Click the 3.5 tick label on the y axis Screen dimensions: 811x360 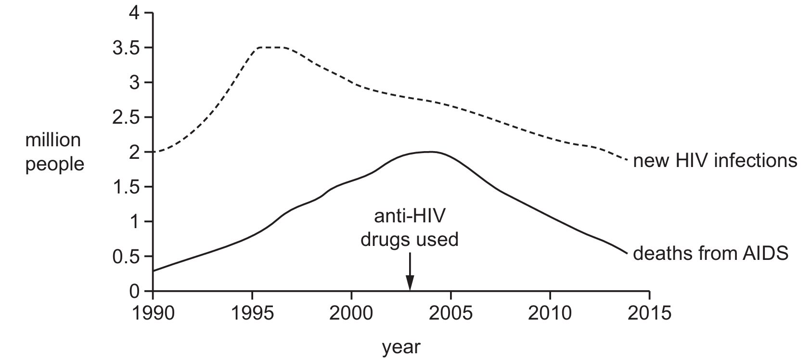(x=126, y=48)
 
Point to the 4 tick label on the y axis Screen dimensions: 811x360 (x=134, y=13)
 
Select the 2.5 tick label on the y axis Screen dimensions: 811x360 (x=126, y=118)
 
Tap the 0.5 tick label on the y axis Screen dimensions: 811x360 (x=126, y=257)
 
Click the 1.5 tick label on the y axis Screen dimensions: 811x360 (x=126, y=187)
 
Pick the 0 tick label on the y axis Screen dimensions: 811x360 (x=134, y=292)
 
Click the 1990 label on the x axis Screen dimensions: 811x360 (x=153, y=313)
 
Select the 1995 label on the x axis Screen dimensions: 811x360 (x=252, y=313)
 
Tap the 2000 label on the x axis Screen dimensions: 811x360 (x=351, y=313)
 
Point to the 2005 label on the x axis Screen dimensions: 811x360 (x=451, y=313)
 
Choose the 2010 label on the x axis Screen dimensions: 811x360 (x=550, y=313)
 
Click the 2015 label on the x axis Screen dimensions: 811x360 (x=650, y=313)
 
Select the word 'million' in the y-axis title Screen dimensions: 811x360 (x=53, y=140)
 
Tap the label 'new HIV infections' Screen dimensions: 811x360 (x=715, y=160)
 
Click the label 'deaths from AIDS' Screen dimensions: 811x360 (x=711, y=254)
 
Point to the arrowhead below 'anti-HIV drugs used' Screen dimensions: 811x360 (x=410, y=283)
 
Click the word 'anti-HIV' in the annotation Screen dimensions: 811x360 (x=410, y=217)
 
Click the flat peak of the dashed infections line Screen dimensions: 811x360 (x=271, y=48)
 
